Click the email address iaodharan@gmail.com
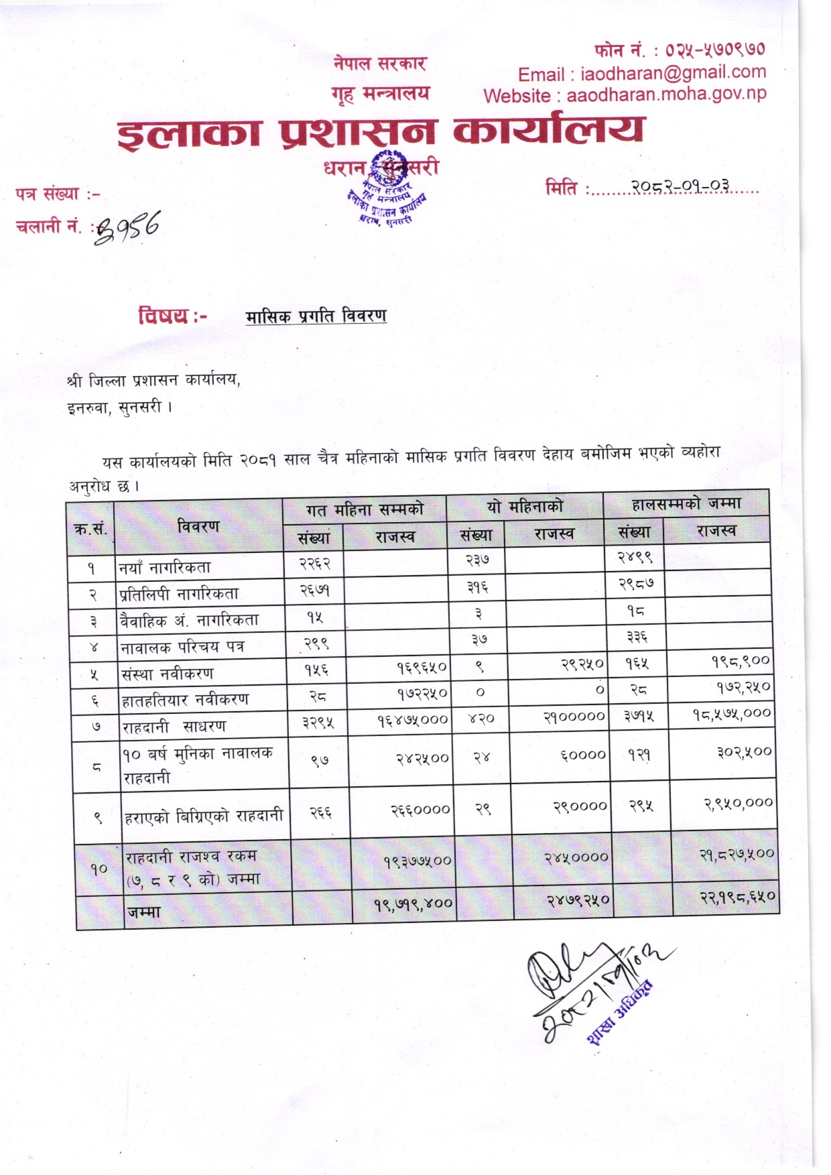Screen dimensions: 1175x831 click(x=673, y=72)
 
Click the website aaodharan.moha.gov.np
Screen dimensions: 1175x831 click(x=666, y=95)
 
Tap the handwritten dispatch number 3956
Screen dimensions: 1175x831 click(x=128, y=227)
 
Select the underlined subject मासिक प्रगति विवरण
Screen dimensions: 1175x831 click(x=316, y=316)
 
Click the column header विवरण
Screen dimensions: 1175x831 click(x=198, y=527)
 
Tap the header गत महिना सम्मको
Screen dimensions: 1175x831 click(x=365, y=510)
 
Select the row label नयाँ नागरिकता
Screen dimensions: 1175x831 click(x=165, y=568)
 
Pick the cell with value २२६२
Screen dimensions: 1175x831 click(x=315, y=564)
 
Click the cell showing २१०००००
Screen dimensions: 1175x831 click(x=574, y=717)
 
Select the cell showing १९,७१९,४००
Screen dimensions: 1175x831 click(x=413, y=904)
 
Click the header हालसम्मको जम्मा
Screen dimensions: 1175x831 click(x=686, y=503)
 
